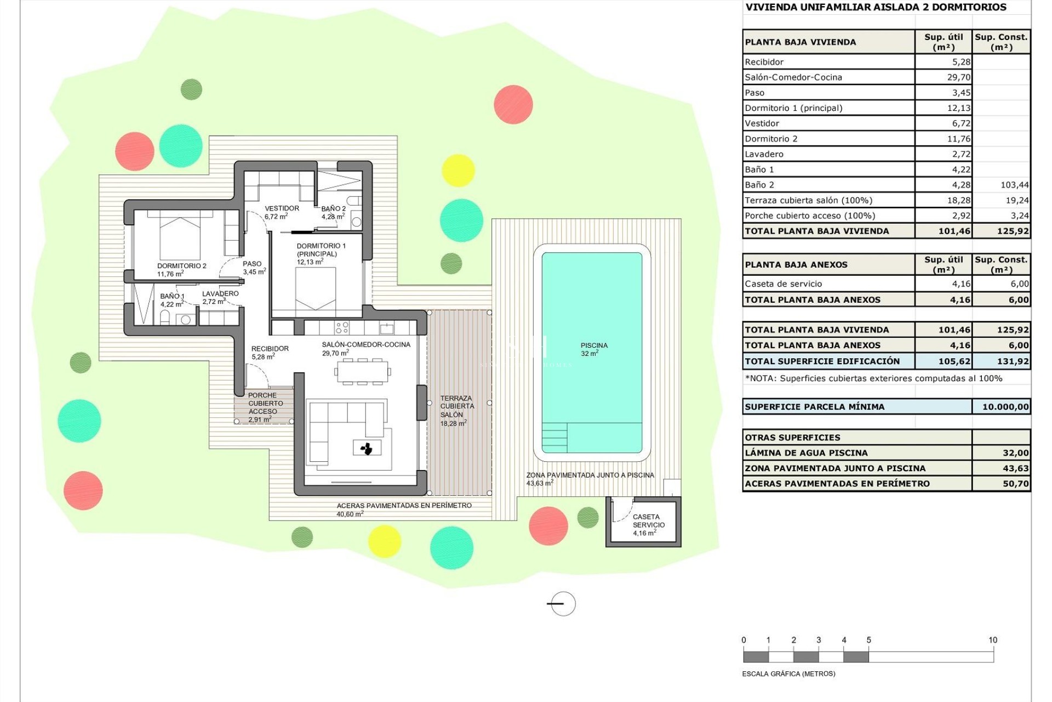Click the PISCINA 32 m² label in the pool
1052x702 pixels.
[594, 349]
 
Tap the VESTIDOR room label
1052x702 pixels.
[282, 212]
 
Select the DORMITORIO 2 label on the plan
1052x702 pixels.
[181, 269]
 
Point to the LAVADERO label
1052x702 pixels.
[220, 297]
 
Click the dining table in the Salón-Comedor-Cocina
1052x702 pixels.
[362, 371]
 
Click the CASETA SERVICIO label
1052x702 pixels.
[648, 524]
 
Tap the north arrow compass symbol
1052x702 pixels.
[562, 604]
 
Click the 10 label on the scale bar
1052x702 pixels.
[992, 640]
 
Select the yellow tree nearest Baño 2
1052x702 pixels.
[458, 170]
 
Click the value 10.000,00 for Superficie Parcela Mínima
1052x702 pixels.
[1005, 407]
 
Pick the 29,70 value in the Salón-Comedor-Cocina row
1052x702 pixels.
[958, 77]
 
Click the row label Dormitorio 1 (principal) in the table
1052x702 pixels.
[793, 108]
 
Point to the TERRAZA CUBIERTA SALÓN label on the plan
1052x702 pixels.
[456, 410]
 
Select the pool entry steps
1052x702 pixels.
[554, 437]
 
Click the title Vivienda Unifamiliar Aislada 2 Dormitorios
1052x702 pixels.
[876, 7]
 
